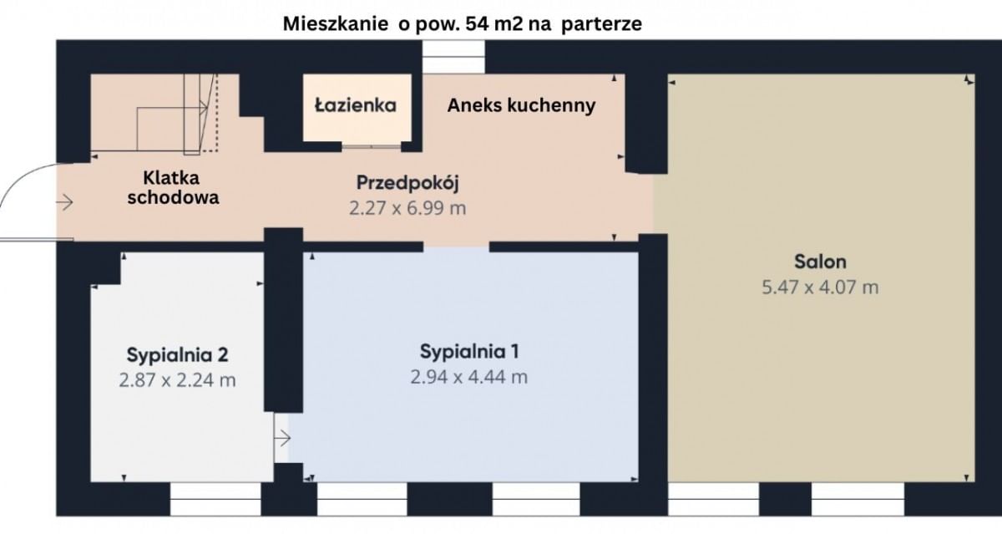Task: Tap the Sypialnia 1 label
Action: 468,350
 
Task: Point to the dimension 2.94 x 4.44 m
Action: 468,377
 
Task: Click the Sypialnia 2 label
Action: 177,353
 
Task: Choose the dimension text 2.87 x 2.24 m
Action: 177,380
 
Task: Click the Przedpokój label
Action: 408,182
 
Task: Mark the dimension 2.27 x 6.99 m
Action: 407,208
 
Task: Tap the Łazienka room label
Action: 355,106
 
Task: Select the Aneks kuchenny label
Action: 521,105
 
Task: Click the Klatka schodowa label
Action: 180,187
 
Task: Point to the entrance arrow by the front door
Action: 65,202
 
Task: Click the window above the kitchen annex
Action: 453,57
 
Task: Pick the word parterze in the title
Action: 601,24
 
